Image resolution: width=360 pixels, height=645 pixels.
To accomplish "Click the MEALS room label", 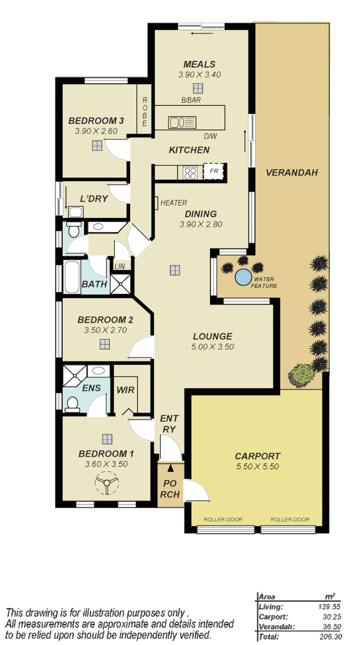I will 199,64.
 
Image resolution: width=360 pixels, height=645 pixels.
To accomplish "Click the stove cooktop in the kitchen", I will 190,173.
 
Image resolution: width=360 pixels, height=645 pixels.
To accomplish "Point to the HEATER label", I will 173,203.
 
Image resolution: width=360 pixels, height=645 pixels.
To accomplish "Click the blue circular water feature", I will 243,277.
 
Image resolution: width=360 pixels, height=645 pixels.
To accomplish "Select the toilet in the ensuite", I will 73,404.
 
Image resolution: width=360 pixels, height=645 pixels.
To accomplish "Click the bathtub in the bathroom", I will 72,277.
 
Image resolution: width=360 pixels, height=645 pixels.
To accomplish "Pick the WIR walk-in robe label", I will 125,390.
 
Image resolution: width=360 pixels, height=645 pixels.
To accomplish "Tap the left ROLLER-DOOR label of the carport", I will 223,520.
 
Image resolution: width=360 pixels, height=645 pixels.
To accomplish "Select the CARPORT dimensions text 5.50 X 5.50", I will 257,467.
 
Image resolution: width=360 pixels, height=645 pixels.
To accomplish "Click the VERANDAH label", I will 292,173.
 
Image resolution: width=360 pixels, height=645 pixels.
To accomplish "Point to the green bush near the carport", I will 301,375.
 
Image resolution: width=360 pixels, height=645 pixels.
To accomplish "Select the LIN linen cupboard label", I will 119,266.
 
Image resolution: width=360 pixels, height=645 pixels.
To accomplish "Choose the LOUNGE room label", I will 212,336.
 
